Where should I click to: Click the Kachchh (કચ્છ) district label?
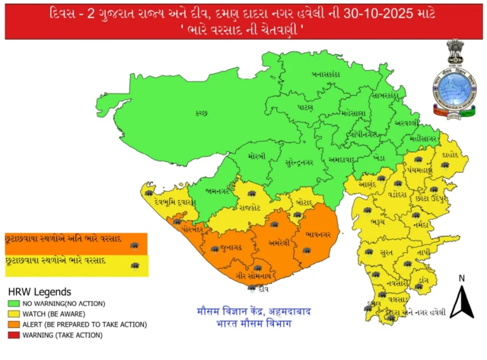coord(201,113)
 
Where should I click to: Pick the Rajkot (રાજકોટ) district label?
coord(248,206)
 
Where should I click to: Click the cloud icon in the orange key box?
coord(135,245)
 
